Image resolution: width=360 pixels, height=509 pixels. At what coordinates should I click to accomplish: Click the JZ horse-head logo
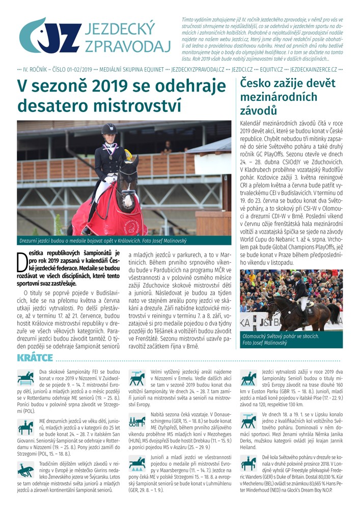point(48,36)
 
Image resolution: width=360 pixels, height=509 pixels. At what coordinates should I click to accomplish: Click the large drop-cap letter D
point(22,263)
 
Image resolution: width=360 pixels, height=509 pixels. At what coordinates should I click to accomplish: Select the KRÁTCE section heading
point(35,358)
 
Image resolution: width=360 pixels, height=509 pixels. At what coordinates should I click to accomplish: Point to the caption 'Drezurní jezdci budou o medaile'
point(102,240)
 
